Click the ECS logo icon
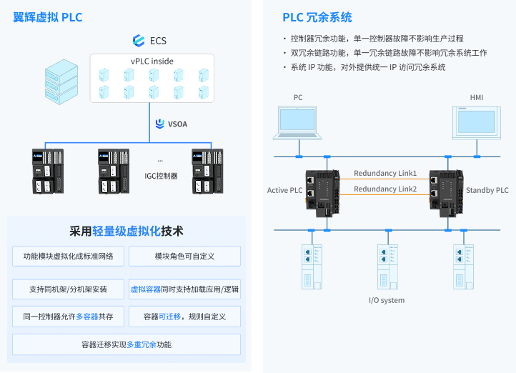tap(139, 41)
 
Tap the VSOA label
tap(177, 124)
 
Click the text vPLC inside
tap(152, 61)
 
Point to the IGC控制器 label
tap(160, 176)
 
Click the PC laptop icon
tap(298, 121)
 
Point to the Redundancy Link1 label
tap(385, 174)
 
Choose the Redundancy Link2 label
tap(385, 189)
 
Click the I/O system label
tap(386, 300)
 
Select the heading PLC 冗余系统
tap(317, 18)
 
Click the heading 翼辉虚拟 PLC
tap(48, 17)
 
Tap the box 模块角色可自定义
tap(184, 256)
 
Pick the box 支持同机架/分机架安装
tap(68, 289)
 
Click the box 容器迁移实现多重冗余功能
tap(126, 344)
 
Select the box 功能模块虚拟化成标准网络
tap(68, 256)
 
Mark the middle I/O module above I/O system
tap(387, 264)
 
